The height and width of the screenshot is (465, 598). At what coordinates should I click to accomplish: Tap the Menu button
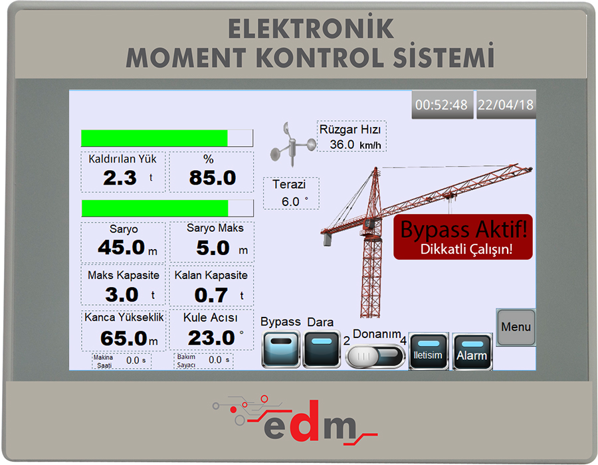coord(516,327)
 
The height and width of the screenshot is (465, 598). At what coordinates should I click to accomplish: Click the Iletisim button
coord(429,351)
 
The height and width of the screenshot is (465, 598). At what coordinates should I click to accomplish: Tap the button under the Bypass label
coord(280,349)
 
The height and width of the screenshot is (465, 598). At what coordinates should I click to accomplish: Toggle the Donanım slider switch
coord(375,356)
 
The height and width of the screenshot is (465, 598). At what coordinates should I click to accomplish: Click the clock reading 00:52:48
coord(442,105)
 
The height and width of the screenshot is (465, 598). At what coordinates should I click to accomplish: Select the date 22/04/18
coord(506,105)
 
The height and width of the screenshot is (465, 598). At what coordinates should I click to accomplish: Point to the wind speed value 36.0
coord(342,145)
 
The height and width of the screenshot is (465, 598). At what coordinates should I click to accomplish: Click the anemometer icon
coord(292,144)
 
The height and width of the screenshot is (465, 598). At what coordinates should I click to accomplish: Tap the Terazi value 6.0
coord(290,202)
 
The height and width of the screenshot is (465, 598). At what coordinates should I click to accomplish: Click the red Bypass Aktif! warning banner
coord(463,236)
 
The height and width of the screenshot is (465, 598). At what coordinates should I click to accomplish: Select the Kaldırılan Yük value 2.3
coord(120,178)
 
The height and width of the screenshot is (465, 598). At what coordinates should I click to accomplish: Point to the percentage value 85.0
coord(213,178)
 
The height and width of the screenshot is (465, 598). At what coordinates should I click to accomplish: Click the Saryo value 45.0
coord(122,247)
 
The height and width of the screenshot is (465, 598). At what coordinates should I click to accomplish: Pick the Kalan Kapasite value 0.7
coord(211,295)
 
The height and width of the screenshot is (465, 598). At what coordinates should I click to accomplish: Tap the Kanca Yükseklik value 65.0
coord(124,339)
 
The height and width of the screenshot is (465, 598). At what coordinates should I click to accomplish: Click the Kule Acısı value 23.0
coord(211,338)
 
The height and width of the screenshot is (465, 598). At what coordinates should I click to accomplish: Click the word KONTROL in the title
coord(320,58)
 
